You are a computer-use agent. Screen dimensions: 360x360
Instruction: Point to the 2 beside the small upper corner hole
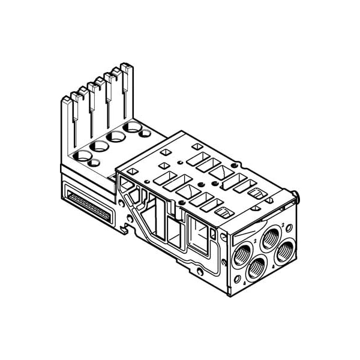283,228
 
